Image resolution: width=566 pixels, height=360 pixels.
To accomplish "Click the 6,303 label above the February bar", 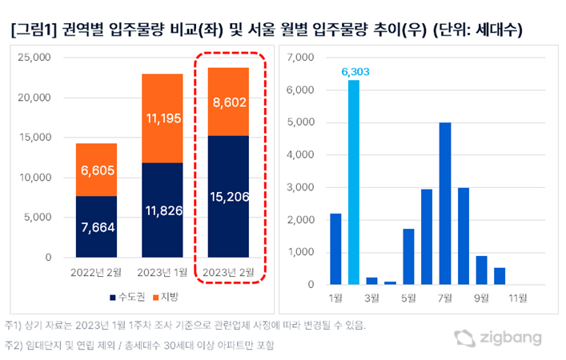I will click(x=354, y=71).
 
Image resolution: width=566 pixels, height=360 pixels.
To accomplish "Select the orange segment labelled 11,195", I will click(x=163, y=118).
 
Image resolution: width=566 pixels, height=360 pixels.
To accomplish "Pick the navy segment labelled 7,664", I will click(x=97, y=227).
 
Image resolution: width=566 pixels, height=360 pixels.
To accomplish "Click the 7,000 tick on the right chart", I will click(x=302, y=58).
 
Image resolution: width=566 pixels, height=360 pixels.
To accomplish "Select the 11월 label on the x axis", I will click(x=517, y=299).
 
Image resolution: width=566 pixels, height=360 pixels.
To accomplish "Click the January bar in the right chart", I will click(x=335, y=249).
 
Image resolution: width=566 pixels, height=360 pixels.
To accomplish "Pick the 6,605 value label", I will click(x=97, y=170).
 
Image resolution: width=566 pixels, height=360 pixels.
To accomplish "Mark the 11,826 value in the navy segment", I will click(x=163, y=210).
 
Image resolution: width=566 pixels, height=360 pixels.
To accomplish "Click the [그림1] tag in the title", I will click(x=32, y=31).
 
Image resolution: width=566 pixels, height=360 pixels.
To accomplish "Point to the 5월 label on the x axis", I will click(x=408, y=299).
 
